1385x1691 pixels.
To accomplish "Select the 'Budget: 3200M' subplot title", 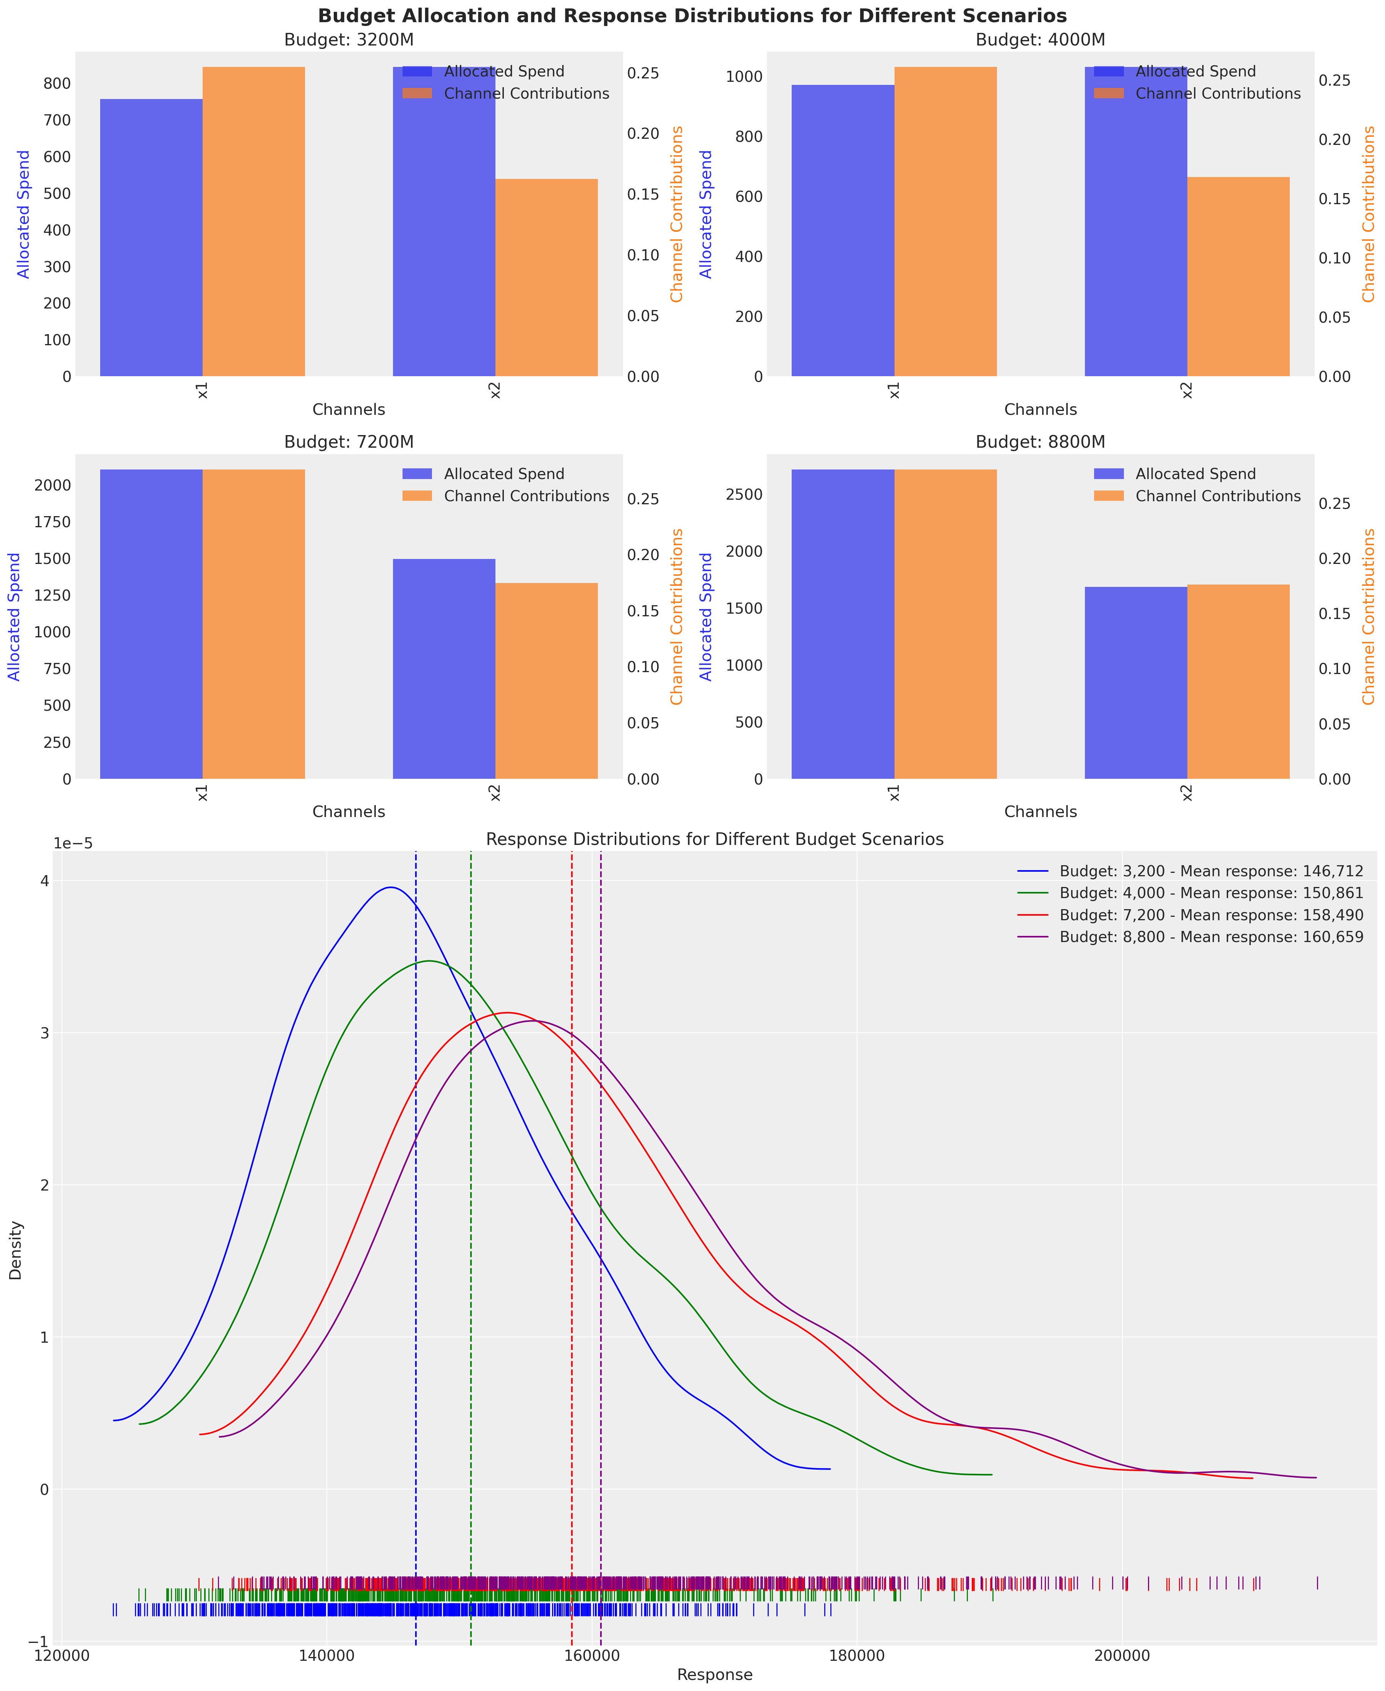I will pos(349,40).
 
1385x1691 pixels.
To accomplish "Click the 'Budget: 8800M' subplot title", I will pos(1040,442).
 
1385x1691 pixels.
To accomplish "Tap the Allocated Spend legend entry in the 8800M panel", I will pos(1195,474).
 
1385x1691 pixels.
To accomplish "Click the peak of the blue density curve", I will pos(390,887).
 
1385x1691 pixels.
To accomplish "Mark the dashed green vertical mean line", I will pos(471,1277).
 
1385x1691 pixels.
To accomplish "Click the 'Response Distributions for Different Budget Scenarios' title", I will pos(714,840).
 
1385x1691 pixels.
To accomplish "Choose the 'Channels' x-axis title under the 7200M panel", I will pos(349,812).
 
